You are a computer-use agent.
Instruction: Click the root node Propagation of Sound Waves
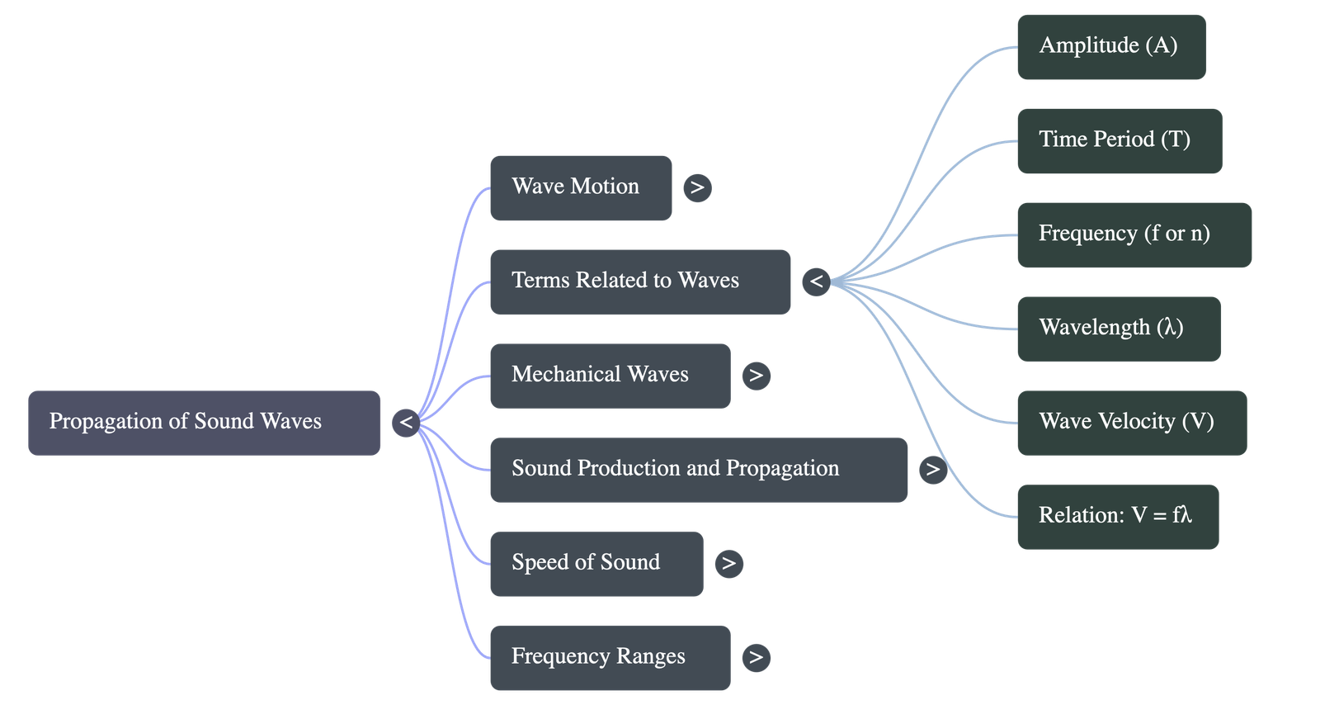tap(204, 422)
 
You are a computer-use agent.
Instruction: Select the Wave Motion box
tap(580, 187)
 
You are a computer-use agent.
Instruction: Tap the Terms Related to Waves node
tap(639, 282)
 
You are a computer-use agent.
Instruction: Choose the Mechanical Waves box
tap(610, 376)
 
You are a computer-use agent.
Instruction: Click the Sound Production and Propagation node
tap(698, 470)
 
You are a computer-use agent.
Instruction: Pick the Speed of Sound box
tap(596, 564)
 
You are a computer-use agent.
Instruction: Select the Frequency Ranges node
tap(610, 658)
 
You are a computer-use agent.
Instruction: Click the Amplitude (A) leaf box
tap(1110, 46)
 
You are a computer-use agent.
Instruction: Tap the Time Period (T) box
tap(1119, 140)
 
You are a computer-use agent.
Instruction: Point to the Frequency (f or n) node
tap(1134, 234)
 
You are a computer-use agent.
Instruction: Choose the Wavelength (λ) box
tap(1118, 329)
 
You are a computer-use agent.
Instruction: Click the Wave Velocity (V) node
tap(1131, 423)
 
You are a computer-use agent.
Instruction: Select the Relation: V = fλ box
tap(1117, 517)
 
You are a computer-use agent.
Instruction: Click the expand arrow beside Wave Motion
tap(697, 188)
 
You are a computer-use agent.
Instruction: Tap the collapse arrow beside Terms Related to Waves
tap(816, 282)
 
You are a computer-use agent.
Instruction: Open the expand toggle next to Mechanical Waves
tap(756, 376)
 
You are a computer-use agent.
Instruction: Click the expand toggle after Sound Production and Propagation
tap(933, 470)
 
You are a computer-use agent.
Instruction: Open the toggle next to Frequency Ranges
tap(756, 658)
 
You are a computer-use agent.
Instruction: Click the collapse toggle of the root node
tap(405, 423)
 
